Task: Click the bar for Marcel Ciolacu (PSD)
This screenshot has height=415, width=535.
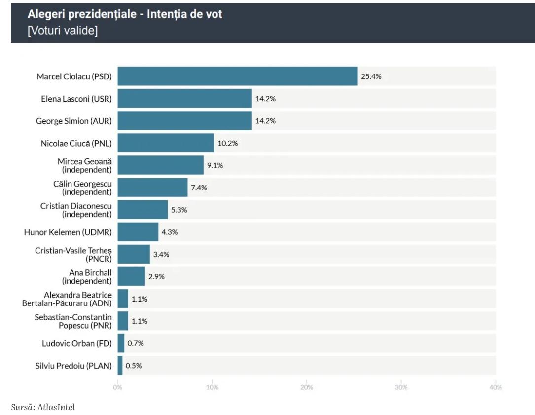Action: (x=237, y=76)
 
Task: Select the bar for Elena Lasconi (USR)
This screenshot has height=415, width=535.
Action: (x=184, y=99)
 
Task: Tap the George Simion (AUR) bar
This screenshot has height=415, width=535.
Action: (x=184, y=121)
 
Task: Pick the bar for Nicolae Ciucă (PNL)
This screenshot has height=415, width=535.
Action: (x=166, y=143)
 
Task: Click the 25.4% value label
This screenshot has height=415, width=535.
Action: (x=371, y=76)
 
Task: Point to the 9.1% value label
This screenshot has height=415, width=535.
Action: (x=215, y=165)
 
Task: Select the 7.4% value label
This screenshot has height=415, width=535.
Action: (x=199, y=188)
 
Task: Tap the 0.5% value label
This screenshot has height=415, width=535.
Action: (x=134, y=366)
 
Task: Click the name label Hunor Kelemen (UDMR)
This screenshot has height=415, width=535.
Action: (x=68, y=232)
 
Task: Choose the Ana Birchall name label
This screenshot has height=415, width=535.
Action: (x=87, y=277)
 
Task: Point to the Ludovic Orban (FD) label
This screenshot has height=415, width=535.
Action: (x=77, y=343)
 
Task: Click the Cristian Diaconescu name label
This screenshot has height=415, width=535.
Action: (x=76, y=210)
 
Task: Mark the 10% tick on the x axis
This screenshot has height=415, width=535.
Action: (x=212, y=387)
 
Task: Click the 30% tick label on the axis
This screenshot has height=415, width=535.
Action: (x=401, y=387)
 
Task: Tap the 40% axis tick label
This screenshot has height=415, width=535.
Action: (x=495, y=387)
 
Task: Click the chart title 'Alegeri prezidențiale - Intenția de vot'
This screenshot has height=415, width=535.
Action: (x=125, y=14)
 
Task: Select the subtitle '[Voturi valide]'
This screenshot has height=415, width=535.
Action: (x=63, y=31)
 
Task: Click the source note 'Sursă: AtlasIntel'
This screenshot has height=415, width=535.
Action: (x=43, y=407)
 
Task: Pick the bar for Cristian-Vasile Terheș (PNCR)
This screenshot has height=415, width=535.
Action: (x=134, y=254)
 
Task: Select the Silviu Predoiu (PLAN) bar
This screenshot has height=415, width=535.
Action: (x=120, y=366)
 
